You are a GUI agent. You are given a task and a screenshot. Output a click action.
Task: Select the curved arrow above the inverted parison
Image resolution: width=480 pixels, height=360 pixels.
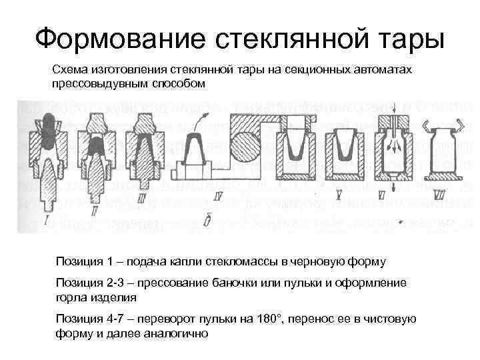(199, 122)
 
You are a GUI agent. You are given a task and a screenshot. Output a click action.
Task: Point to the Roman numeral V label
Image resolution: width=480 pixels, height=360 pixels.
(339, 193)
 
